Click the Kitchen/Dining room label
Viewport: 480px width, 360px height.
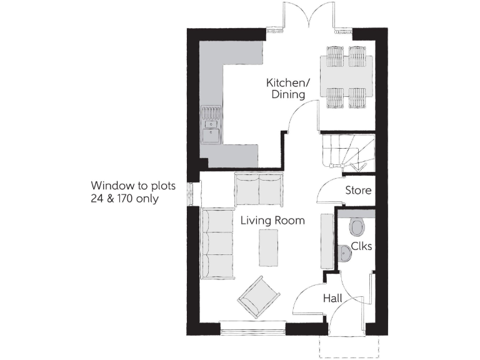point(285,89)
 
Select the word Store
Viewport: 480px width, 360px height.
point(358,190)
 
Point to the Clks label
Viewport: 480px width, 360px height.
point(361,246)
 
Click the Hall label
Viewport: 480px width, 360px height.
point(332,299)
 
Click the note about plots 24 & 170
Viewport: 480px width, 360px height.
point(133,192)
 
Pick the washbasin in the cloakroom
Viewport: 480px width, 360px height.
point(344,252)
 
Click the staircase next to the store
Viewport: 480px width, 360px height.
point(346,151)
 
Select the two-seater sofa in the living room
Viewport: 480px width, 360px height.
point(258,189)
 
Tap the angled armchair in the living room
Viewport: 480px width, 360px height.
point(259,296)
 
